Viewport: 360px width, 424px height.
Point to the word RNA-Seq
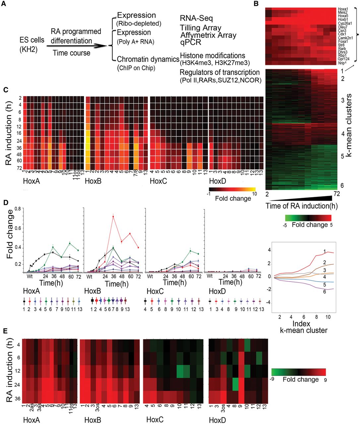(x=196, y=18)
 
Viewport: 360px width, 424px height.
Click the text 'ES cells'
(x=31, y=40)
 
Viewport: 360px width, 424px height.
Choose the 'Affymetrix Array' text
(x=209, y=35)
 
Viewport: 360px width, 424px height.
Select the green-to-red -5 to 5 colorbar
(x=309, y=218)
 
